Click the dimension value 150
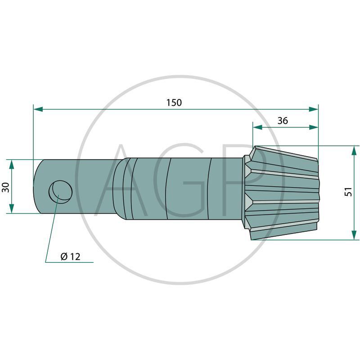(174, 103)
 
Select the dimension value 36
(283, 121)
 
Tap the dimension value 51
(348, 192)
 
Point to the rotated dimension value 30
(5, 187)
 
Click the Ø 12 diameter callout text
(71, 256)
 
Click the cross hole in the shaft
(60, 192)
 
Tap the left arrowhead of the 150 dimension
(38, 109)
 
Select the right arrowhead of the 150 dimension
(313, 109)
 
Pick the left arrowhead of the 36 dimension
(257, 127)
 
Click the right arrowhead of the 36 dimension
(313, 127)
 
